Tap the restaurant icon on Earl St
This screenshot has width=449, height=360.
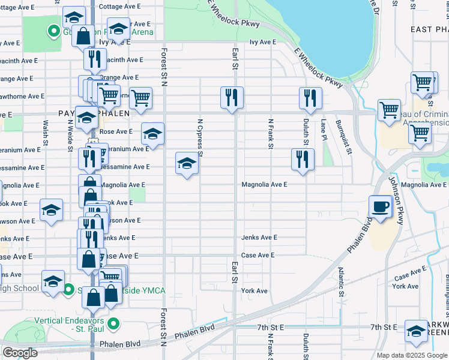[x=232, y=98]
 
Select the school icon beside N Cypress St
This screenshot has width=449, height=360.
[x=187, y=163]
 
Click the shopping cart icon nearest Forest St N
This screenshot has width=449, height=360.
[x=140, y=98]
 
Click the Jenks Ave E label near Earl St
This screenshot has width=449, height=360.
[x=259, y=238]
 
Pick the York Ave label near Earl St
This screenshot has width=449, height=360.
[x=254, y=291]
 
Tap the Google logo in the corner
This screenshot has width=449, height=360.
[x=20, y=353]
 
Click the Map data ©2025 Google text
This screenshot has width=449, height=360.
[x=411, y=355]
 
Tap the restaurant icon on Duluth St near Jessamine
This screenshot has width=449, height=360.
[x=303, y=159]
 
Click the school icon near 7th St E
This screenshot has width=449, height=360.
[x=417, y=331]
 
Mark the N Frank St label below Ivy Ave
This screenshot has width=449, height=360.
[x=271, y=134]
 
